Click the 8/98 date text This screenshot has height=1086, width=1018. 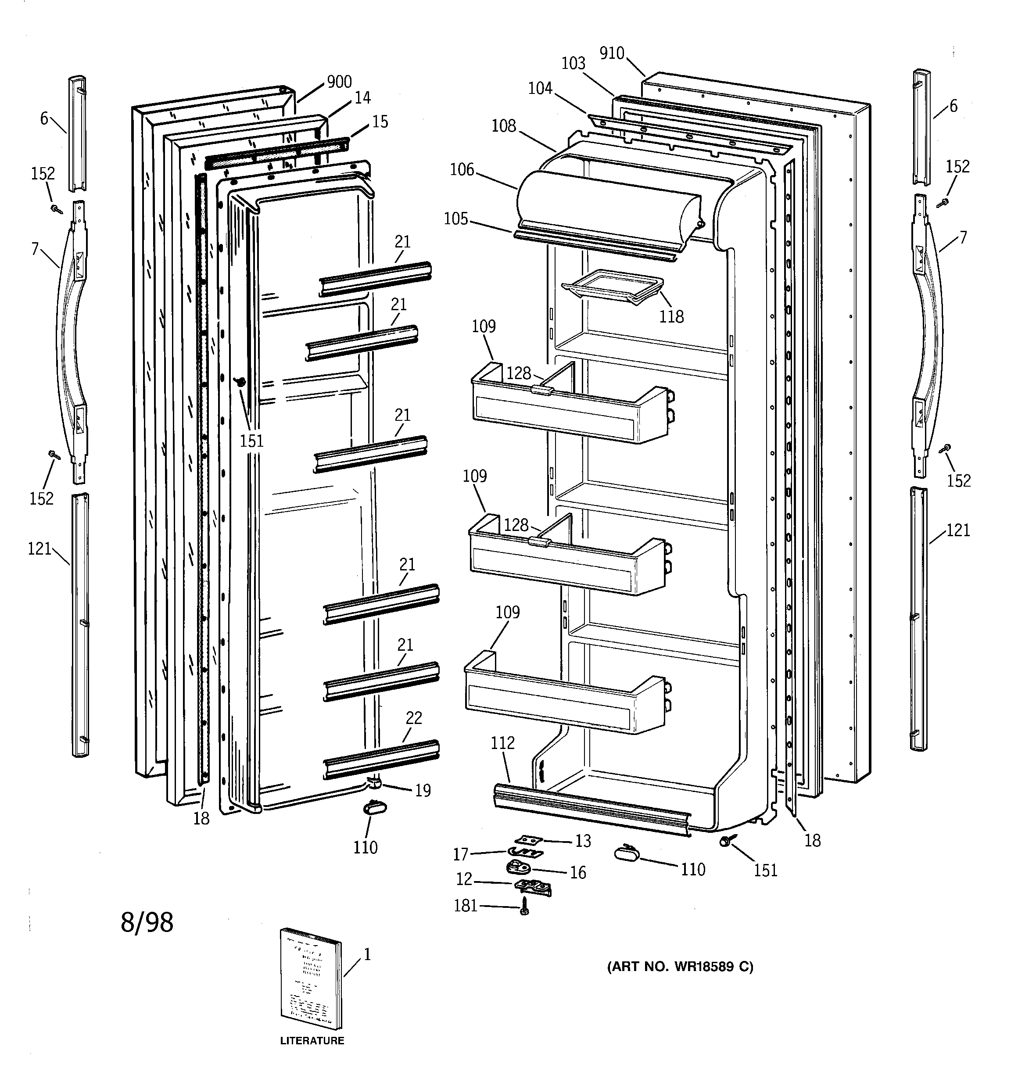coord(147,923)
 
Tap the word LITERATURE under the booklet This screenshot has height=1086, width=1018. coord(312,1041)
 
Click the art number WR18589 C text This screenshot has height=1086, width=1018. coord(680,967)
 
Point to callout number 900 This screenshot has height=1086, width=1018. coord(339,82)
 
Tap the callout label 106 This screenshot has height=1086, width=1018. coord(462,170)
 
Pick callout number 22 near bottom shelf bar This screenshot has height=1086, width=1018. coord(414,718)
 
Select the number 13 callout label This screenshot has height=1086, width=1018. coord(583,841)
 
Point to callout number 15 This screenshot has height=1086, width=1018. coord(380,122)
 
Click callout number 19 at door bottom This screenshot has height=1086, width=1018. coord(423,790)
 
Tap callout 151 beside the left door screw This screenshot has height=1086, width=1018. coord(251,440)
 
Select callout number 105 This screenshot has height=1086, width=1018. coord(456,219)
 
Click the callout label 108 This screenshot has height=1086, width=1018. coord(503,125)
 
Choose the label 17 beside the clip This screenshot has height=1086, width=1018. coord(461,854)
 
